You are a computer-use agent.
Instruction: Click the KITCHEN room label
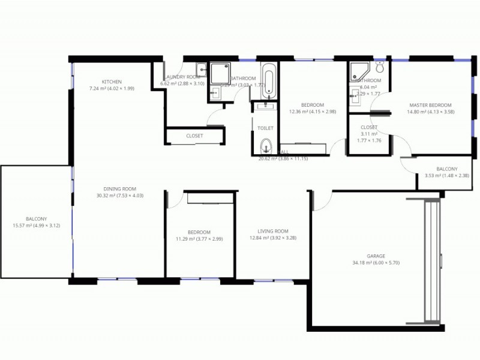(x=112, y=82)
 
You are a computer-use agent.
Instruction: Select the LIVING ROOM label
(x=273, y=231)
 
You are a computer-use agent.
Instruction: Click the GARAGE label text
(x=376, y=256)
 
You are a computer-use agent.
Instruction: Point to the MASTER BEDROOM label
(x=430, y=104)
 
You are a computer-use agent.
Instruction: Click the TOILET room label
(x=265, y=128)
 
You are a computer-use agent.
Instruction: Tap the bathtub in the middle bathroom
(x=269, y=82)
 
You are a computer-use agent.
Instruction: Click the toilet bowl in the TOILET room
(x=266, y=145)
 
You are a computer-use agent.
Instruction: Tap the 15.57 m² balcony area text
(x=36, y=226)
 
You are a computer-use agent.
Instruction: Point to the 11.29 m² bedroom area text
(x=199, y=239)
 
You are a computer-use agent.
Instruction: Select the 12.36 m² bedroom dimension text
(x=313, y=111)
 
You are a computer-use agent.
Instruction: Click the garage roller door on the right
(x=432, y=261)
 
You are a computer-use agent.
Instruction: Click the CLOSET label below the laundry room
(x=194, y=136)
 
